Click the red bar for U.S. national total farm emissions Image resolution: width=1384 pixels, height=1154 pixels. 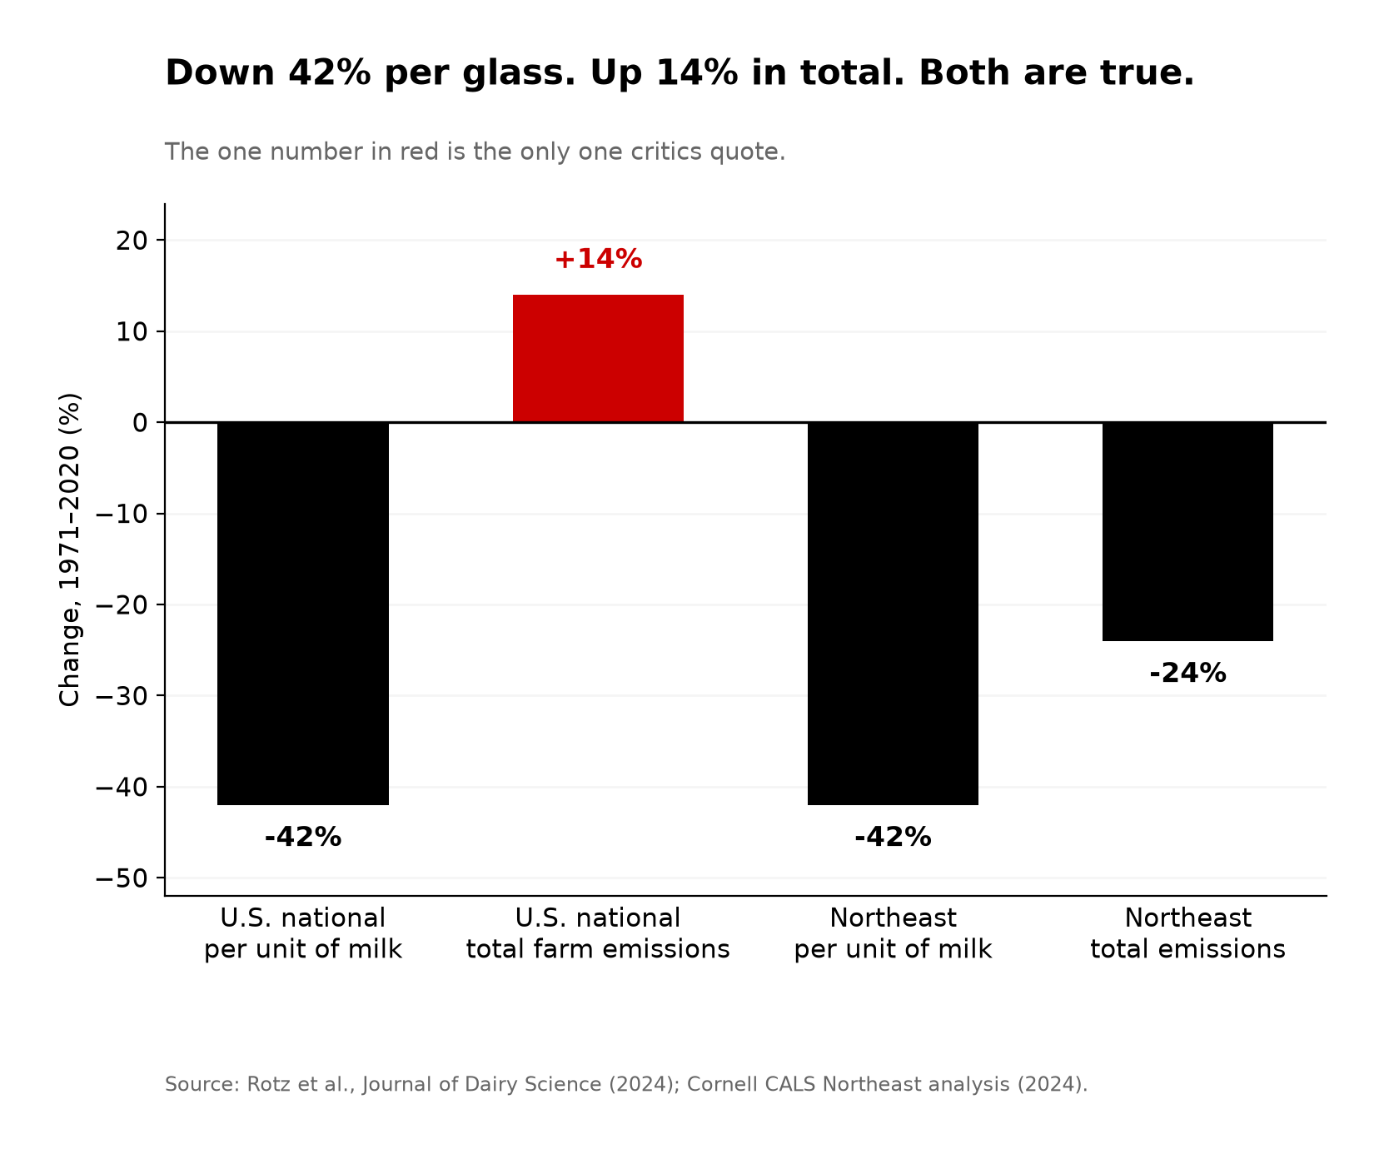coord(598,359)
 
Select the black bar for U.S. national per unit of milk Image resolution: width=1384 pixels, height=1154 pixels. coord(303,614)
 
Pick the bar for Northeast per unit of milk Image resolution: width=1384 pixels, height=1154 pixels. coord(893,614)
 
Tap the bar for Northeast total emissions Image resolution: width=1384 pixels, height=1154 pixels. coord(1187,532)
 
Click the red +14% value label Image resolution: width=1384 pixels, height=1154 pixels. coord(598,259)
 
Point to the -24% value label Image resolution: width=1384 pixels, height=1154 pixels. coord(1187,673)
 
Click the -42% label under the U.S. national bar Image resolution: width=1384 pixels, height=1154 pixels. coord(303,837)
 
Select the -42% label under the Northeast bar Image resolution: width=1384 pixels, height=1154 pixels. coord(893,837)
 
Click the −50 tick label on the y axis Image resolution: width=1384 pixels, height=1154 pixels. coord(122,878)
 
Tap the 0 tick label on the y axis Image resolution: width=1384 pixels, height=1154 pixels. coord(140,423)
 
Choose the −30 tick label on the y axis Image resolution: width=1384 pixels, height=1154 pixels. coord(122,696)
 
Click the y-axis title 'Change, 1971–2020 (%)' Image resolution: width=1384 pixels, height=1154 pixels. coord(70,550)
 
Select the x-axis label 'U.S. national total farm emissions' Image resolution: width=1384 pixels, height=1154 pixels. coord(598,933)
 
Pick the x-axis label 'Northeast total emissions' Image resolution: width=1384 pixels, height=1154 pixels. coord(1187,933)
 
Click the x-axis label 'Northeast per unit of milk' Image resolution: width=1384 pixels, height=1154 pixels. coord(893,933)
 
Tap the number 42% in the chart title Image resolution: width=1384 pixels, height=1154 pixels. coord(329,73)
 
